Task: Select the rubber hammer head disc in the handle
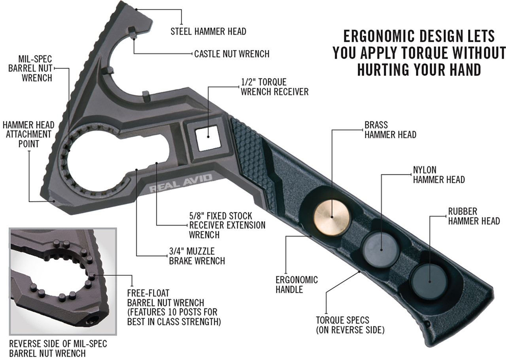coord(429,279)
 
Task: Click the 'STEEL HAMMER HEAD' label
coord(208,31)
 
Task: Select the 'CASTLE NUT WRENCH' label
coord(232,54)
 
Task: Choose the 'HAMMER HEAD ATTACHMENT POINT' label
coord(27,134)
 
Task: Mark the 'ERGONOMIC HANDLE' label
coord(296,284)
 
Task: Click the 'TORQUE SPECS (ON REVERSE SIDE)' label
coord(350,324)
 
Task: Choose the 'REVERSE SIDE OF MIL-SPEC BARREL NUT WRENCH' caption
coord(58,348)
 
